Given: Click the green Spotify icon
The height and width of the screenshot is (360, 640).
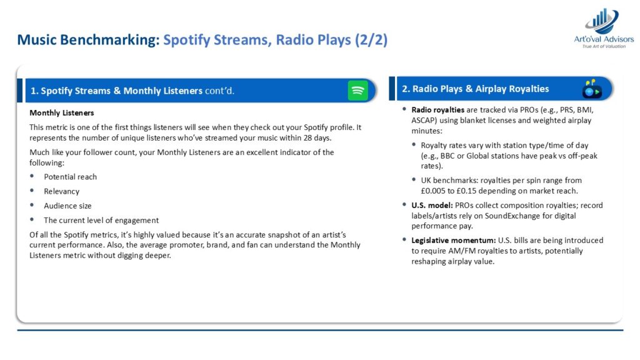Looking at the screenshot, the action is [357, 90].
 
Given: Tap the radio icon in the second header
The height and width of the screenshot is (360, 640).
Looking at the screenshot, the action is [592, 89].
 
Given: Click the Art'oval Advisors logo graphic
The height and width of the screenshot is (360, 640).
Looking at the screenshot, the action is [603, 21].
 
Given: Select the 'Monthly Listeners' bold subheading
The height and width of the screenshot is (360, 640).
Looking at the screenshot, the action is [62, 113].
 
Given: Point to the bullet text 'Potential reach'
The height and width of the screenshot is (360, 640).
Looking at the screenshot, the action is [70, 177].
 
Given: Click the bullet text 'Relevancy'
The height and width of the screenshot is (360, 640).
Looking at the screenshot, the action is [62, 191].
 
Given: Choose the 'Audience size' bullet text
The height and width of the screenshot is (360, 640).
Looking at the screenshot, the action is [67, 206].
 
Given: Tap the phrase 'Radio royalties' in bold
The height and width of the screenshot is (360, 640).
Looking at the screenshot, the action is [437, 110].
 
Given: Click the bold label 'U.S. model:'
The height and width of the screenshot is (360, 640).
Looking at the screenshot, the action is [432, 205].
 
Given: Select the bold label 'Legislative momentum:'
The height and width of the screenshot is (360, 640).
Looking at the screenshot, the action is [454, 241].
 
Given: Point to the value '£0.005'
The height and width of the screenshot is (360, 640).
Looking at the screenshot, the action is [433, 191].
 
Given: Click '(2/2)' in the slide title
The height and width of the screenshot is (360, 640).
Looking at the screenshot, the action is [371, 40].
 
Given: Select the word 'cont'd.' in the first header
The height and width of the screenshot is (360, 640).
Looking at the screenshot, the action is [219, 91].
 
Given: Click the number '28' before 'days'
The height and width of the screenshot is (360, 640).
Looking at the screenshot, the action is [307, 138].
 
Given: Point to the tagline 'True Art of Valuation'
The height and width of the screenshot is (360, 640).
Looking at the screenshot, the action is [604, 46].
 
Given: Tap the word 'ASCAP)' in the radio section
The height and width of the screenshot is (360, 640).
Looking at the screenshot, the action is [424, 121].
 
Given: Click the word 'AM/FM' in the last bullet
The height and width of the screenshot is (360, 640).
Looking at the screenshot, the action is [462, 251].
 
